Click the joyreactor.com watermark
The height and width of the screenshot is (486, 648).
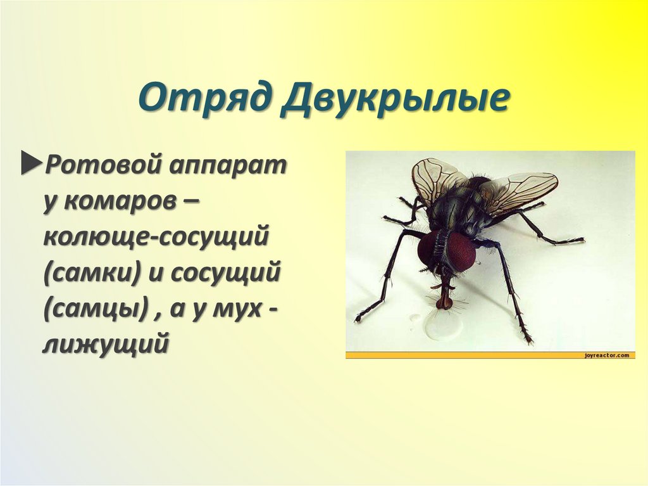[x=607, y=355]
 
